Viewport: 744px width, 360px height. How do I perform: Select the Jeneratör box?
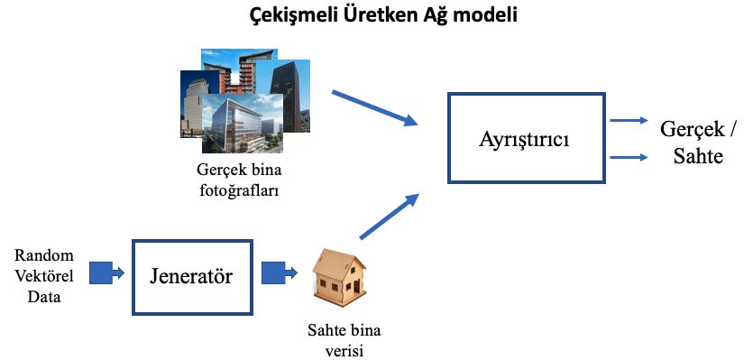[x=193, y=276]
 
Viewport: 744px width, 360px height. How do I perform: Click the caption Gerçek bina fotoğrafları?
[x=232, y=178]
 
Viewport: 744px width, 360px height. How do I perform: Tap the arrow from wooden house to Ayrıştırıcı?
[x=390, y=216]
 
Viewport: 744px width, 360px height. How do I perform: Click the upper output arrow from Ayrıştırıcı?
[x=629, y=121]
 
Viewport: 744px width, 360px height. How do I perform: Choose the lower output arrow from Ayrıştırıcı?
[x=629, y=157]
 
